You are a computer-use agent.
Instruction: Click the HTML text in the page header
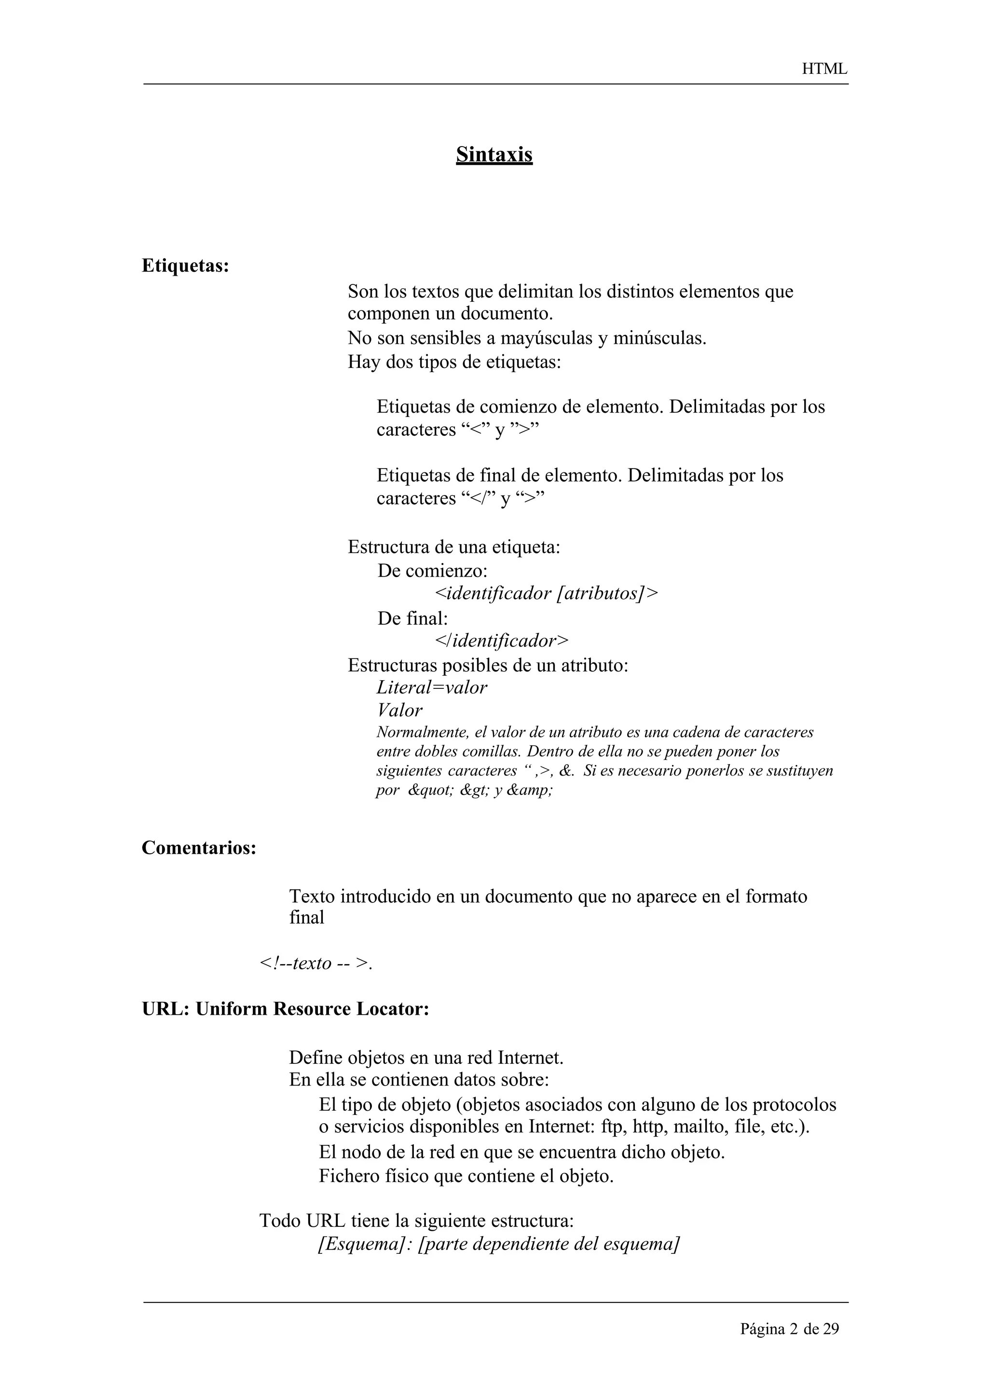824,69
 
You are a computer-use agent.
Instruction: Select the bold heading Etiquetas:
185,266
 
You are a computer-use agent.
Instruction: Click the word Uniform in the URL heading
232,1009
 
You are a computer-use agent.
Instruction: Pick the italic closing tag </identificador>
502,641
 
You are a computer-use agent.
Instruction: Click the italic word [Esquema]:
366,1244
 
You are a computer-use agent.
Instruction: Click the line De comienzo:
432,571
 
